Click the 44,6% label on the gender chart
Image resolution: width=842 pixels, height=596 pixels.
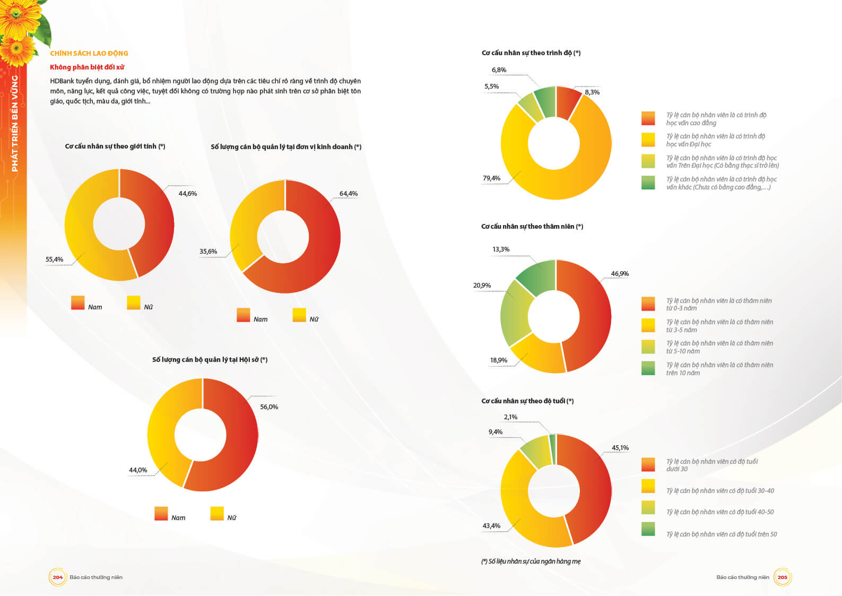point(187,194)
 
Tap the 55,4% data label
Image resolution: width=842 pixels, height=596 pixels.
point(54,260)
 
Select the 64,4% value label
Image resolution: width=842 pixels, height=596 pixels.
point(349,194)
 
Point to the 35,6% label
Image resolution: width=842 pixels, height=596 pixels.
point(208,252)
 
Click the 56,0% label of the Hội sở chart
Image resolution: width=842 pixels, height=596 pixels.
point(269,407)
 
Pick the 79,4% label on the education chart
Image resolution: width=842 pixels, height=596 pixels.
point(491,178)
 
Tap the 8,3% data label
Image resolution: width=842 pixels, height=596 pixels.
point(592,92)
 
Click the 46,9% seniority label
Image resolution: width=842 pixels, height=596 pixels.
point(620,274)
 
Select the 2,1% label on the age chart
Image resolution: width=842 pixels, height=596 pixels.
point(510,417)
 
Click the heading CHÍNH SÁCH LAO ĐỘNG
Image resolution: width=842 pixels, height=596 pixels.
point(89,53)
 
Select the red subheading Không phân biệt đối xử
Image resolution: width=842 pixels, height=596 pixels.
point(87,67)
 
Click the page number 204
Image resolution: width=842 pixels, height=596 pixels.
point(57,577)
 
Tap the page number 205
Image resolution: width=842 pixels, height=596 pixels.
point(782,577)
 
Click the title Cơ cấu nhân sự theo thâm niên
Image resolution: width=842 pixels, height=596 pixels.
point(532,227)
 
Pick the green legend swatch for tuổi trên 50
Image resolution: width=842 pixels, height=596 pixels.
point(648,529)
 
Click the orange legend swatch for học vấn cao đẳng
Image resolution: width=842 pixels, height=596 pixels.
point(648,118)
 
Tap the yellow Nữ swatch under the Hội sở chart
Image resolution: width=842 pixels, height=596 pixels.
point(217,514)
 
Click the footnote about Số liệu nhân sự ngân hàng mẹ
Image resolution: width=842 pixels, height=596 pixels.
point(531,562)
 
